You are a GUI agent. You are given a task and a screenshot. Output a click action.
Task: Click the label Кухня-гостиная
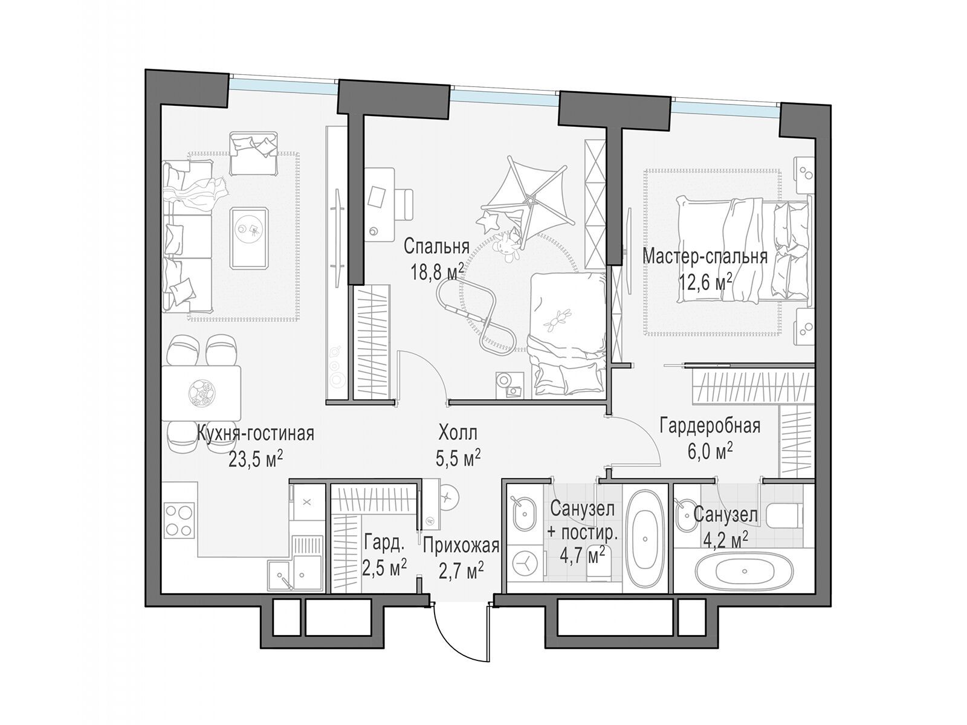pyautogui.click(x=255, y=434)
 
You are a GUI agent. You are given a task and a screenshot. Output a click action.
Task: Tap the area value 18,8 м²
pyautogui.click(x=437, y=272)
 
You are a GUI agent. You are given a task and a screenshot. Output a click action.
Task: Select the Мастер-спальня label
pyautogui.click(x=705, y=256)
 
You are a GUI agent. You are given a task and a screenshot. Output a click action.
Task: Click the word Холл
pyautogui.click(x=458, y=434)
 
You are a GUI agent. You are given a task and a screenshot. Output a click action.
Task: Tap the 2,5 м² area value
pyautogui.click(x=384, y=568)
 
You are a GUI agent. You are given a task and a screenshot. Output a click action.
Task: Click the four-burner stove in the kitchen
pyautogui.click(x=179, y=520)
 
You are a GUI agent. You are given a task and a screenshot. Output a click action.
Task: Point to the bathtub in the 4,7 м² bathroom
pyautogui.click(x=645, y=539)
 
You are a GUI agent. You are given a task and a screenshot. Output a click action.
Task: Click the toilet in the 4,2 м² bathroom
pyautogui.click(x=784, y=517)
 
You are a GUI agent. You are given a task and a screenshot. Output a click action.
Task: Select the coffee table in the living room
pyautogui.click(x=250, y=237)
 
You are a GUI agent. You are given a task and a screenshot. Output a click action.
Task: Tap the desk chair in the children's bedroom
pyautogui.click(x=404, y=205)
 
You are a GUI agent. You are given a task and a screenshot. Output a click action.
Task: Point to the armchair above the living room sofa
pyautogui.click(x=254, y=152)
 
